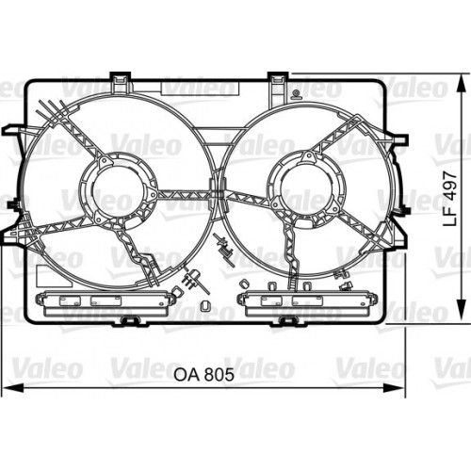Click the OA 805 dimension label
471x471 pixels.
point(204,374)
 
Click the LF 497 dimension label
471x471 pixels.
point(449,199)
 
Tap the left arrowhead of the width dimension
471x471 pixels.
point(13,388)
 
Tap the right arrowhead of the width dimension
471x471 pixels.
point(393,388)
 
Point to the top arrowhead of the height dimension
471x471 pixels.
point(461,84)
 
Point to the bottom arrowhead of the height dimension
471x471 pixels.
point(461,309)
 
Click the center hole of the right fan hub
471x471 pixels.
point(305,190)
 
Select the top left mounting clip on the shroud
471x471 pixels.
point(120,82)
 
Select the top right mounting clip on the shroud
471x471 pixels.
point(278,82)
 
